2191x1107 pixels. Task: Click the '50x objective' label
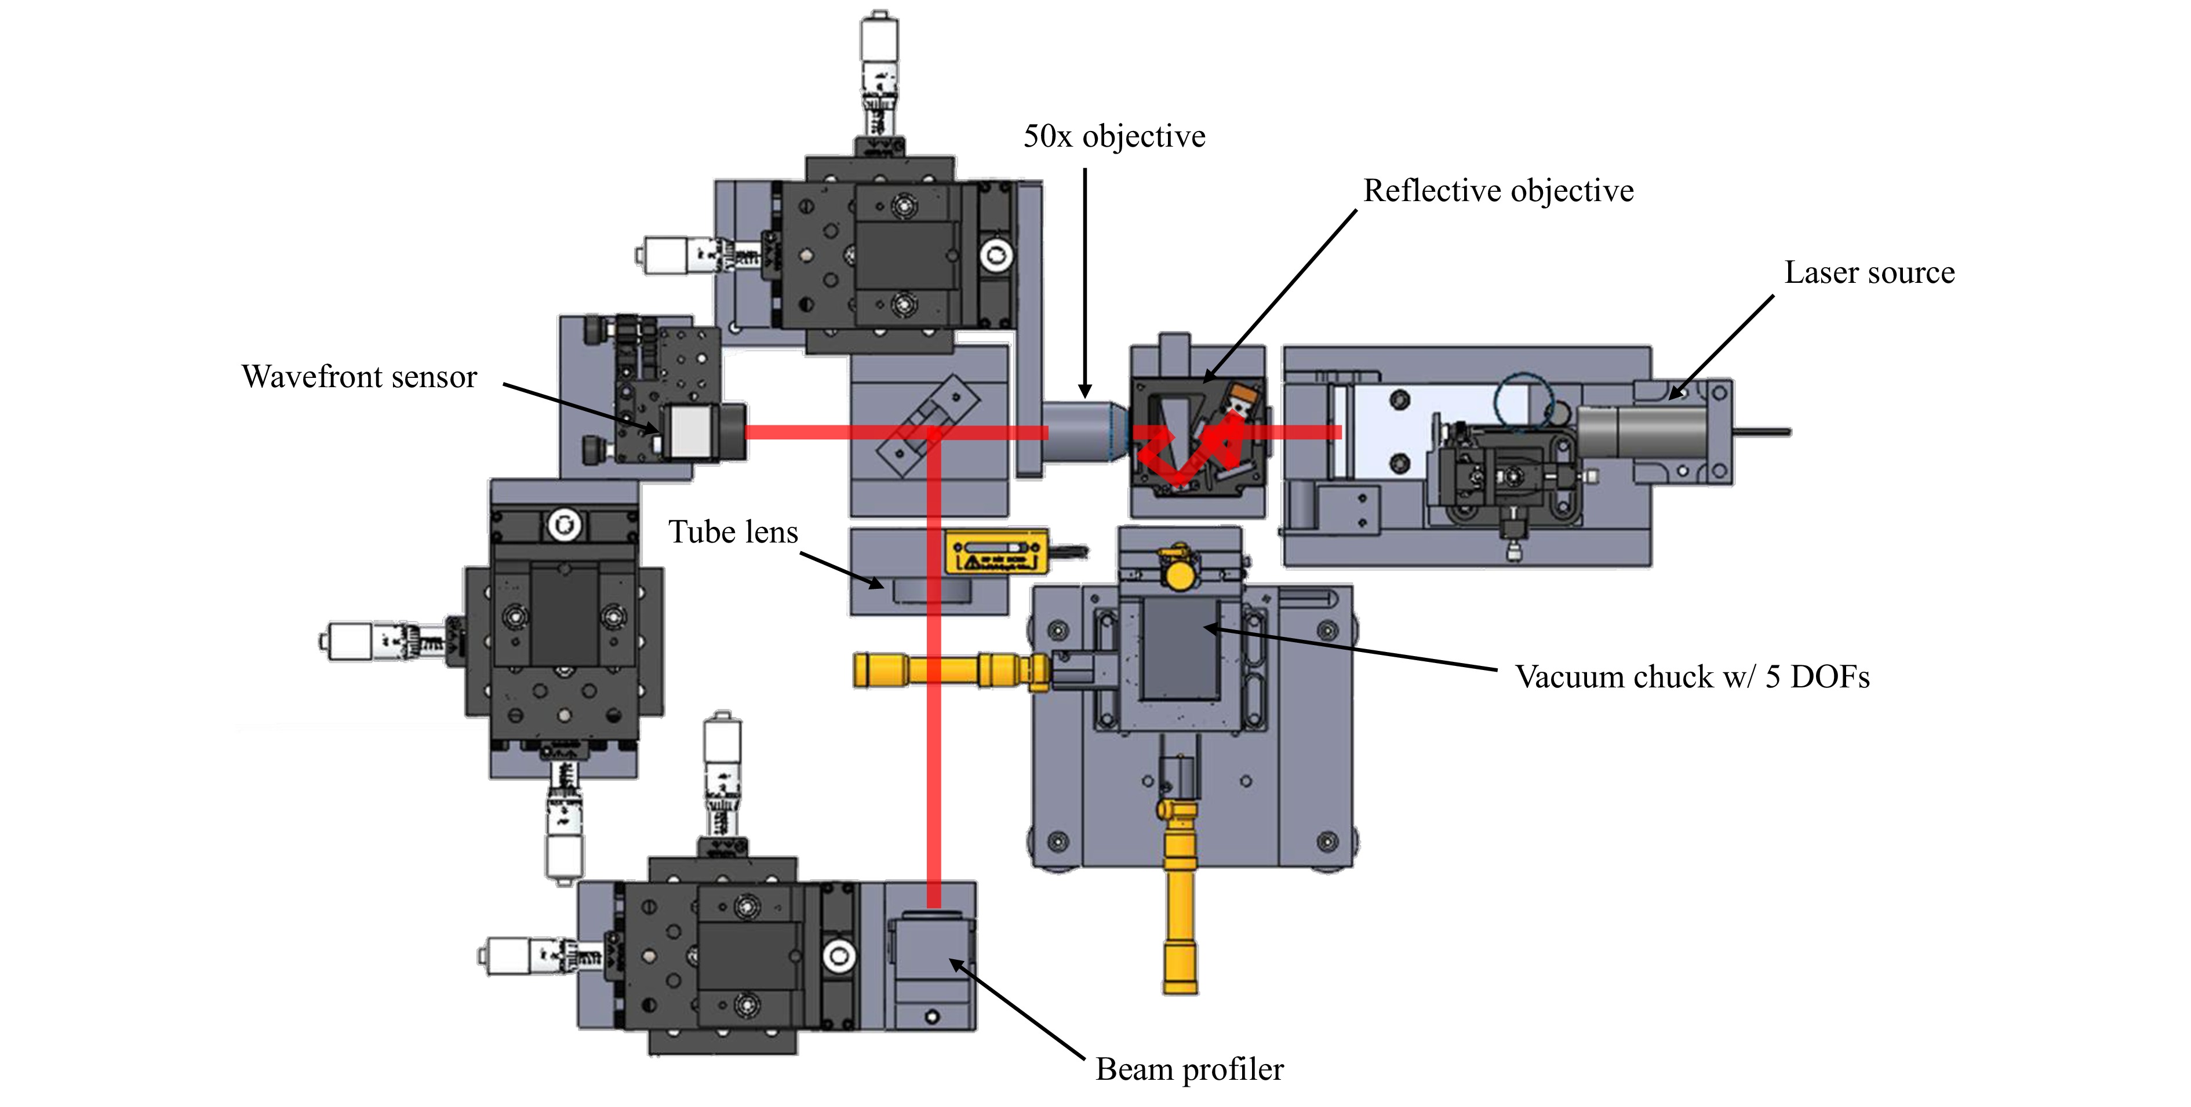point(1114,136)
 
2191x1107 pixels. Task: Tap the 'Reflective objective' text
point(1499,191)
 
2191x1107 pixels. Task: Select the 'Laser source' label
point(1869,272)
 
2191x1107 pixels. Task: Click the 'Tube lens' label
point(733,531)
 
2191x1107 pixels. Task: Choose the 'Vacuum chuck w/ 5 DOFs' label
point(1693,677)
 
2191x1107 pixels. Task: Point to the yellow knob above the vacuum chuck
point(1178,574)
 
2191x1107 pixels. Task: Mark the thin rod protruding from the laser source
point(1762,432)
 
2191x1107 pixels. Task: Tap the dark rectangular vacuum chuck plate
point(1180,648)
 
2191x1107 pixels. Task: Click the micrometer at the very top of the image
point(879,77)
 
